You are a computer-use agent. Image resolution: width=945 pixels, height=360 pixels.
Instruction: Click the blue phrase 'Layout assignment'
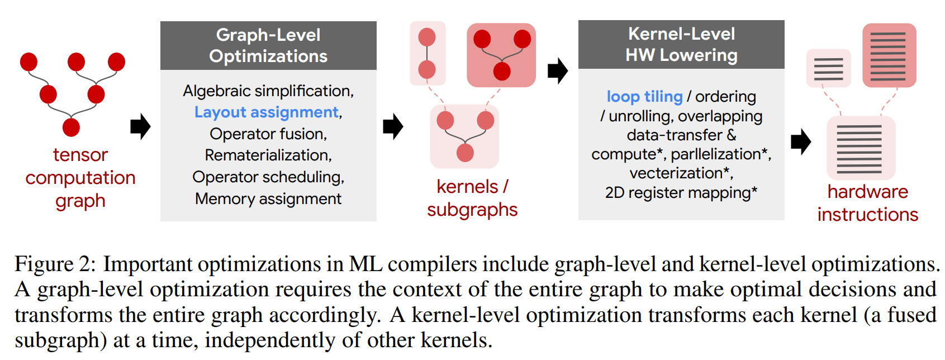267,112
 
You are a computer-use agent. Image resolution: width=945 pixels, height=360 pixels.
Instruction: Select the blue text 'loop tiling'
645,97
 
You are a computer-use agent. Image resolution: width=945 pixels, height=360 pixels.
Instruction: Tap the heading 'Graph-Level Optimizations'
268,46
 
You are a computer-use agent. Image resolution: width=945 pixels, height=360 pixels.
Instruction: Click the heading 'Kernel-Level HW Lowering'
681,44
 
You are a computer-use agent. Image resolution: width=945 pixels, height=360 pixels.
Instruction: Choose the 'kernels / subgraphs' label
472,198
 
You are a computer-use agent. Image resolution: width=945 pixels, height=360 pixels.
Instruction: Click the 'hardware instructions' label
868,203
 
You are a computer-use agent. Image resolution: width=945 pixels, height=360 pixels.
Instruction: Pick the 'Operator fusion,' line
268,134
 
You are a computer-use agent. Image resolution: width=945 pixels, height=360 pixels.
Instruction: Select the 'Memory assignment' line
268,199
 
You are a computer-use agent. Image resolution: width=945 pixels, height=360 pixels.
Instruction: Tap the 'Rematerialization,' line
268,155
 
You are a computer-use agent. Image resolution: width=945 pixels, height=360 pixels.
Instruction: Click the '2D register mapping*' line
681,193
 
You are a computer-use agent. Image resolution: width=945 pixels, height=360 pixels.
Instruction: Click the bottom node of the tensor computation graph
71,127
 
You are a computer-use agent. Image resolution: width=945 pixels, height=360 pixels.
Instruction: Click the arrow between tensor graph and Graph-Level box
140,126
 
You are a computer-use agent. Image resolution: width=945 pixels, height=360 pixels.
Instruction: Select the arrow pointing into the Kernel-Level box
558,71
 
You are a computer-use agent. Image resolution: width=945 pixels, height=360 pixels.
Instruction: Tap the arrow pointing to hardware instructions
801,142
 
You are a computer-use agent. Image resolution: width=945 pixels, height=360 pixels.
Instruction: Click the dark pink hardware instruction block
889,55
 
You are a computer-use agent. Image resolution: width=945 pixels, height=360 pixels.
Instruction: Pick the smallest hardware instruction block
829,68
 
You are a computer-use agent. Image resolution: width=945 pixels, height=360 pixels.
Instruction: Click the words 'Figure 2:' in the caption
56,265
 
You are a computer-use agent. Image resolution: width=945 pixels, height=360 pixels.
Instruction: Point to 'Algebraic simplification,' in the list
268,91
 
